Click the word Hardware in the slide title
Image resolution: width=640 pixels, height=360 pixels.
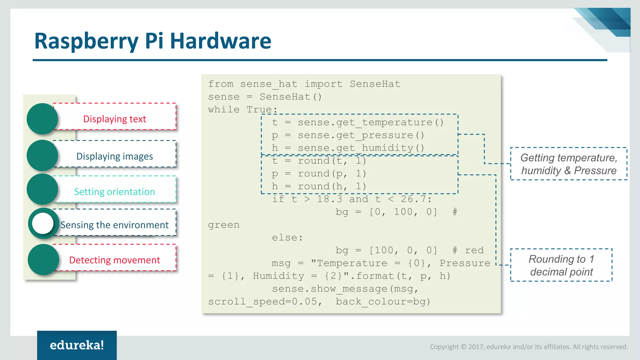[220, 41]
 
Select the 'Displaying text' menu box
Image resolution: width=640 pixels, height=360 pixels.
[115, 119]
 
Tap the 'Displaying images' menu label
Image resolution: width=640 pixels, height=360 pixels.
[115, 156]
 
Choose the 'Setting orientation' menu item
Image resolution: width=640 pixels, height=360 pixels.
[115, 191]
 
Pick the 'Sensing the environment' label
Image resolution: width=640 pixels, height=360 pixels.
[115, 225]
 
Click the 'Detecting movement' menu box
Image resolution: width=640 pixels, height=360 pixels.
[115, 260]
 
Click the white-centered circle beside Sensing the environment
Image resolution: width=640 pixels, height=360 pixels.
[43, 223]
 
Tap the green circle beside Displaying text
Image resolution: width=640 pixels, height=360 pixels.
[42, 119]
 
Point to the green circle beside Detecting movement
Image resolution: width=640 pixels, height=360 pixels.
[43, 259]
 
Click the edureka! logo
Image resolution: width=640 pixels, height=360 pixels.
[77, 345]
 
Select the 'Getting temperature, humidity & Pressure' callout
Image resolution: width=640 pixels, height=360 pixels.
[568, 164]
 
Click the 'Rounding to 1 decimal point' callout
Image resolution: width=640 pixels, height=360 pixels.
[561, 265]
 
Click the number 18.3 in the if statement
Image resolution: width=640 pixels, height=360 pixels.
[329, 199]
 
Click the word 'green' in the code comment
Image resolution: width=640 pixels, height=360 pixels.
[224, 225]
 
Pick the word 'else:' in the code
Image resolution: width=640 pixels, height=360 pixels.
[287, 237]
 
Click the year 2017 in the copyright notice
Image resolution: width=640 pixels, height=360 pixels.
[475, 347]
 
